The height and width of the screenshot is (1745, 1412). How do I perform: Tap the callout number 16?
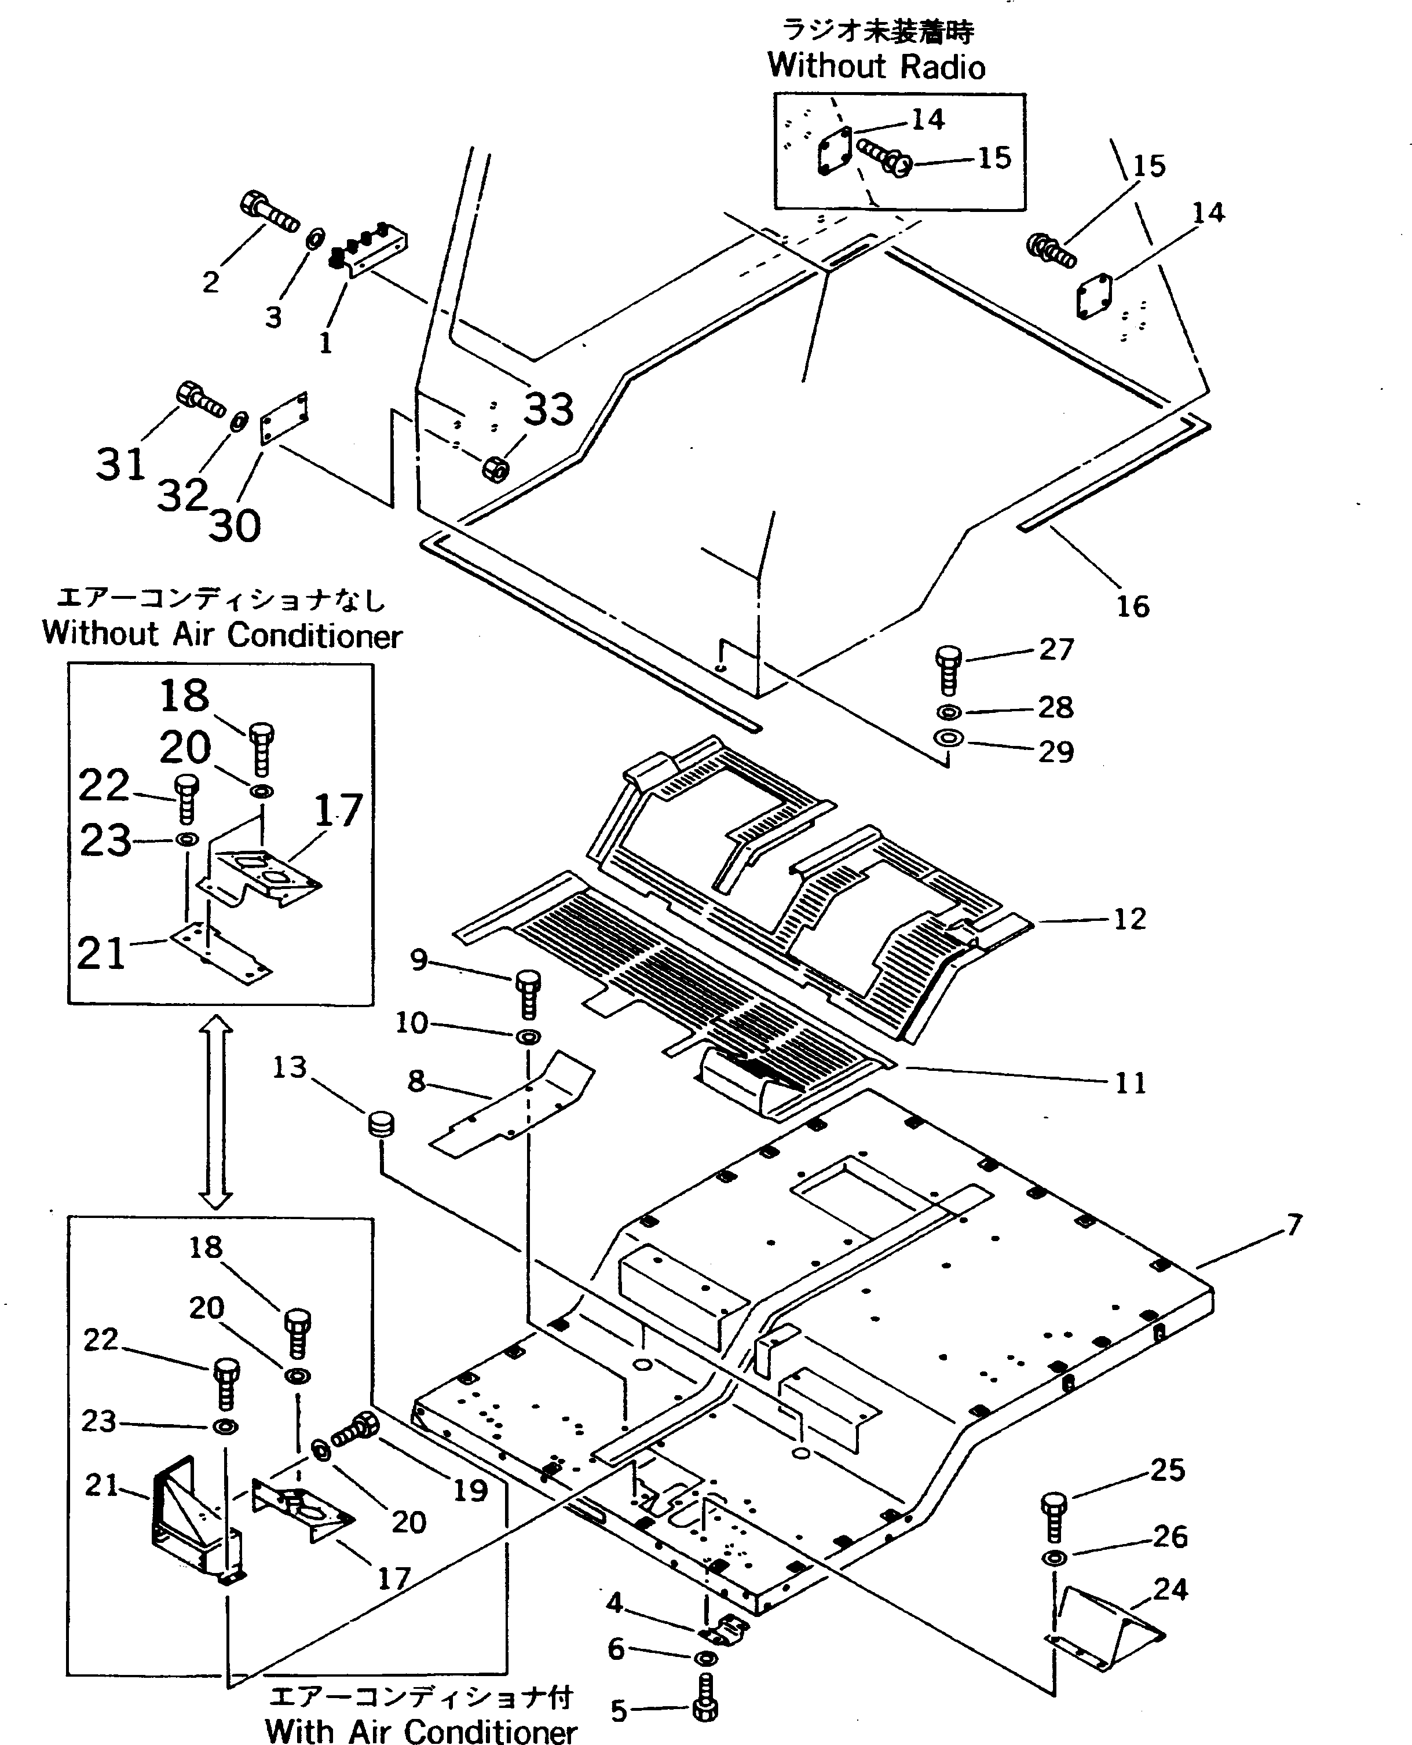coord(1132,606)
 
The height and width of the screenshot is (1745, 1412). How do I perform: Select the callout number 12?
coord(1129,919)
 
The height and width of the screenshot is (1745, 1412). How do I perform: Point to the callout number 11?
coord(1131,1083)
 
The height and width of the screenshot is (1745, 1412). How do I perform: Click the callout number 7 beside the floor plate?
coord(1294,1224)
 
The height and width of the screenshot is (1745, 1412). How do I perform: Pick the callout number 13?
coord(290,1067)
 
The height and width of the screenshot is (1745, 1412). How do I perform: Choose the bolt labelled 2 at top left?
coord(268,211)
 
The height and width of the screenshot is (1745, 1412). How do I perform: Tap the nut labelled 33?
coord(495,469)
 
